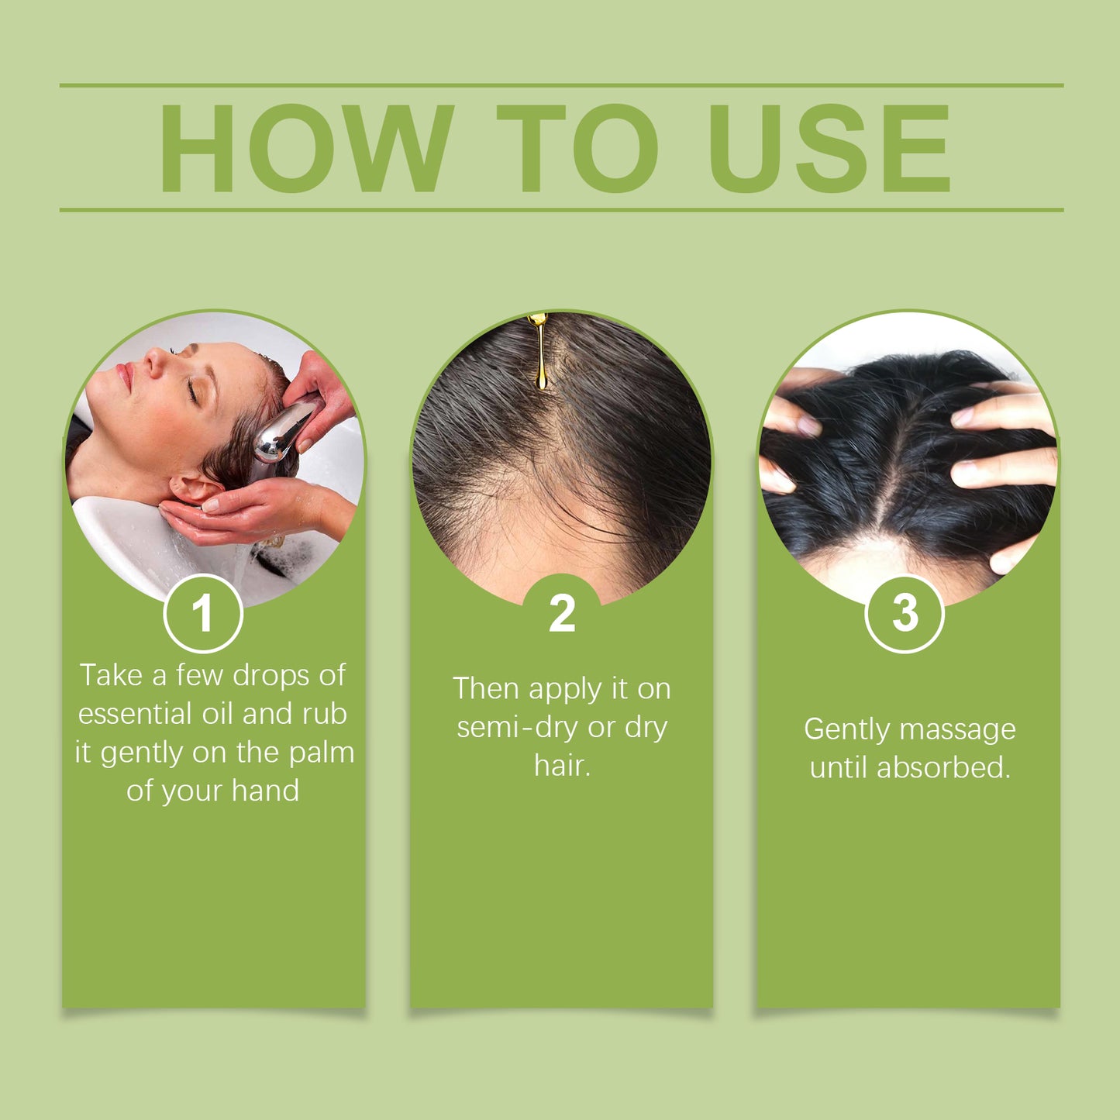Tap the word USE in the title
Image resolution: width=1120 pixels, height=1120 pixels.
[x=829, y=148]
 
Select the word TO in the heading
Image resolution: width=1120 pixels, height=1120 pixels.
[x=577, y=148]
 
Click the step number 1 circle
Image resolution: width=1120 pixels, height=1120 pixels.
[x=203, y=613]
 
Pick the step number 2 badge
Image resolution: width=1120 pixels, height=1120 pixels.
[x=562, y=613]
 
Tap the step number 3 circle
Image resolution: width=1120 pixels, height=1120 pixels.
[x=905, y=613]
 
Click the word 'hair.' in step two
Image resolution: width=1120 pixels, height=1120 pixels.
[x=562, y=767]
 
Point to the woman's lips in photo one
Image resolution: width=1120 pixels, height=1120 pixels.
[x=122, y=377]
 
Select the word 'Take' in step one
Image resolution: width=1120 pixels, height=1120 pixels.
[x=111, y=675]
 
